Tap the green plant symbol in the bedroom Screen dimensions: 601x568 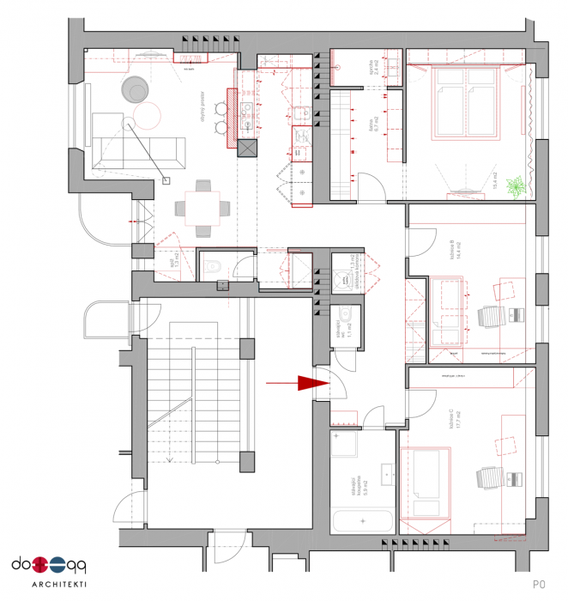click(517, 185)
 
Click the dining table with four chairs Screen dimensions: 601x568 click(203, 207)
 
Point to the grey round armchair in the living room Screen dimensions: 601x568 click(136, 88)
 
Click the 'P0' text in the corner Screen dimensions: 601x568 click(539, 584)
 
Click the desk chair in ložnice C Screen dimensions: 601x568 click(486, 478)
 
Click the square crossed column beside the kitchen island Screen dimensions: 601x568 click(247, 149)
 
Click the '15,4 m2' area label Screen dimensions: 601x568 click(495, 179)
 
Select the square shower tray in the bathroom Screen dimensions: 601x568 click(351, 446)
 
